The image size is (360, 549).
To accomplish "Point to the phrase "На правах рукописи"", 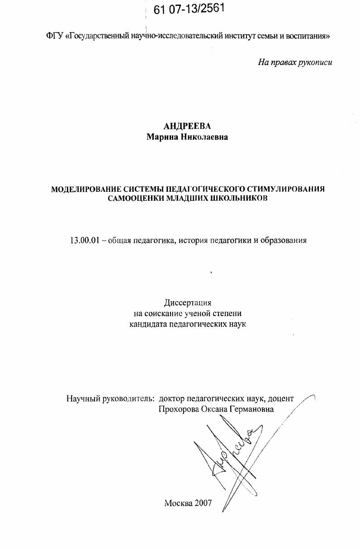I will (295, 62).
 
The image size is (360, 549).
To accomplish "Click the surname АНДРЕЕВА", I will (187, 127).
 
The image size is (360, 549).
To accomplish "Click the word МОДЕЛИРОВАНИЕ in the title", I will (85, 189).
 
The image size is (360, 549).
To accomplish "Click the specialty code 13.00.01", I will (84, 240).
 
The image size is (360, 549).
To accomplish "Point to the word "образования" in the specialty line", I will (284, 240).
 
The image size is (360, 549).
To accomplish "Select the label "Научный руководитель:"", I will (110, 398).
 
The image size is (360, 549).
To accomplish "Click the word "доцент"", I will (280, 398).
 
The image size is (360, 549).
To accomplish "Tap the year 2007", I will (204, 503).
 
